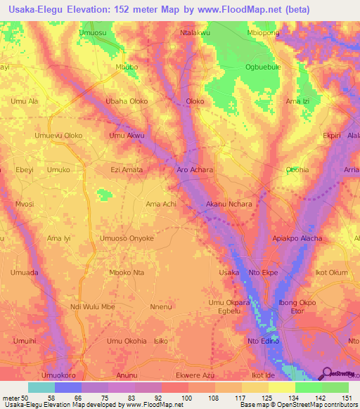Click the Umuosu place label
93,33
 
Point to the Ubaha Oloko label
127,101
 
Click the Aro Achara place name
194,170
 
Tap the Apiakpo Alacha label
297,238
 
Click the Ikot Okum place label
332,272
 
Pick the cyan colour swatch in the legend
41,387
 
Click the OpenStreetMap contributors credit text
315,405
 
